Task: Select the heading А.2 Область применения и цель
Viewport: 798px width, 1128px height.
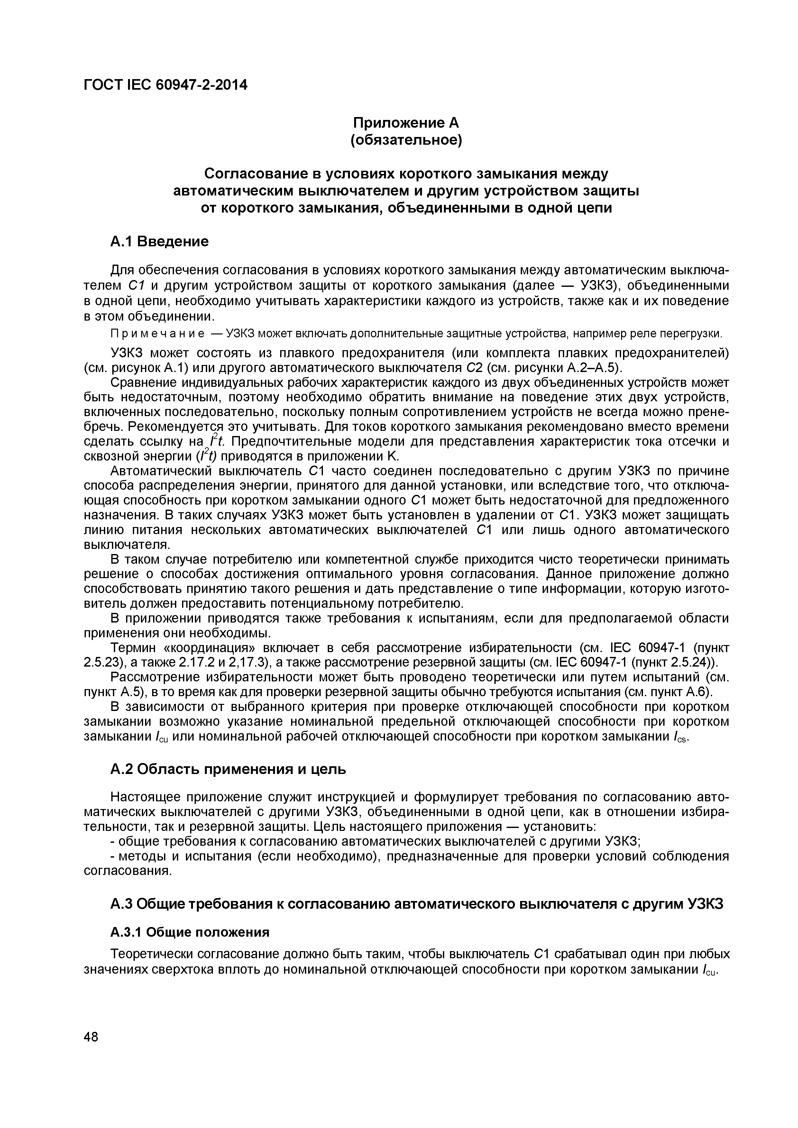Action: tap(228, 769)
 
